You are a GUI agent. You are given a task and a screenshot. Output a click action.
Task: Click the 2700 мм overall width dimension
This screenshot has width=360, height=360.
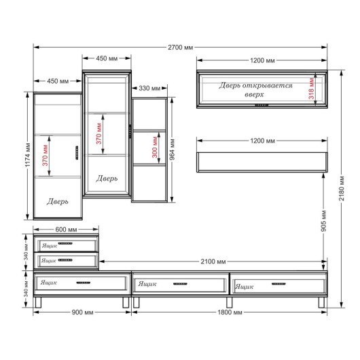[181, 48]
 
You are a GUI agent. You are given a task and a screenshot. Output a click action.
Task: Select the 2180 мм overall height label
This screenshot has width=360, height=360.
[342, 188]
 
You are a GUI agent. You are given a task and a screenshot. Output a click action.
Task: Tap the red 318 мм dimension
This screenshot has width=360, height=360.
[311, 88]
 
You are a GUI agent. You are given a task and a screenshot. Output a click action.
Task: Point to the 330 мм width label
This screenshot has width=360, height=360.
[149, 88]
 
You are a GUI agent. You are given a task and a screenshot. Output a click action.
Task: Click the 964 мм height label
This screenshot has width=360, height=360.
[173, 149]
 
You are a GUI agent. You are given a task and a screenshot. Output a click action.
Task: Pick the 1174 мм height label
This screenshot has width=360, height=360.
[28, 155]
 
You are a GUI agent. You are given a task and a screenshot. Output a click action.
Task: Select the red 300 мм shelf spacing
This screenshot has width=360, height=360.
[155, 147]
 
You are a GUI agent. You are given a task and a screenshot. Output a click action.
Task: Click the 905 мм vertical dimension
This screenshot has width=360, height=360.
[323, 221]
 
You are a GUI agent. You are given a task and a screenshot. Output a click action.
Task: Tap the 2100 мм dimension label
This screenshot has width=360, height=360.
[213, 262]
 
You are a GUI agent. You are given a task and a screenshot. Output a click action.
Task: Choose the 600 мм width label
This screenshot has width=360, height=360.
[66, 230]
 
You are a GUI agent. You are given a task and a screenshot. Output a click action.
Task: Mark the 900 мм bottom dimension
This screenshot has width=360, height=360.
[82, 312]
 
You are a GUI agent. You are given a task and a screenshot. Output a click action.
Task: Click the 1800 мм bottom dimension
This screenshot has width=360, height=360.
[230, 312]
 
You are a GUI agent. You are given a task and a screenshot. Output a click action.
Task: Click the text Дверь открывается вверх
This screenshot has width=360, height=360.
[255, 90]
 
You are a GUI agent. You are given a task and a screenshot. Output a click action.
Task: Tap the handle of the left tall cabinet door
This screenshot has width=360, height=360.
[77, 153]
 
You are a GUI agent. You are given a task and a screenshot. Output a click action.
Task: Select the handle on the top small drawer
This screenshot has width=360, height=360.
[65, 243]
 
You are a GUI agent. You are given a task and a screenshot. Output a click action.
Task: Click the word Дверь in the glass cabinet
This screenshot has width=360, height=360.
[107, 179]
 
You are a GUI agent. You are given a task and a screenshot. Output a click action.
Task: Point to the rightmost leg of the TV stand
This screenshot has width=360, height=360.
[321, 302]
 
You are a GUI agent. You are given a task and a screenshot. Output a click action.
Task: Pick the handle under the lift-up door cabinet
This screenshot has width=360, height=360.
[262, 105]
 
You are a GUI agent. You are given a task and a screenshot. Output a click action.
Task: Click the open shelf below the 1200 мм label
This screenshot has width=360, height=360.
[262, 162]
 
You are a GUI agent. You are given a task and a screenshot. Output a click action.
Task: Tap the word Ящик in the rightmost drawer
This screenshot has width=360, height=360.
[245, 287]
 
